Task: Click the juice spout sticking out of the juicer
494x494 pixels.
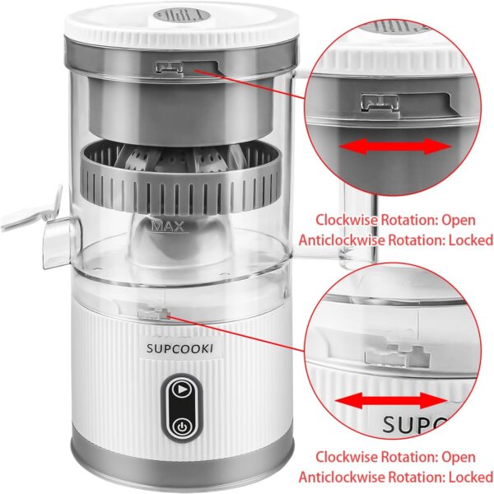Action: pyautogui.click(x=33, y=216)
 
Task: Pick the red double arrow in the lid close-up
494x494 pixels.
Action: pyautogui.click(x=398, y=147)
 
